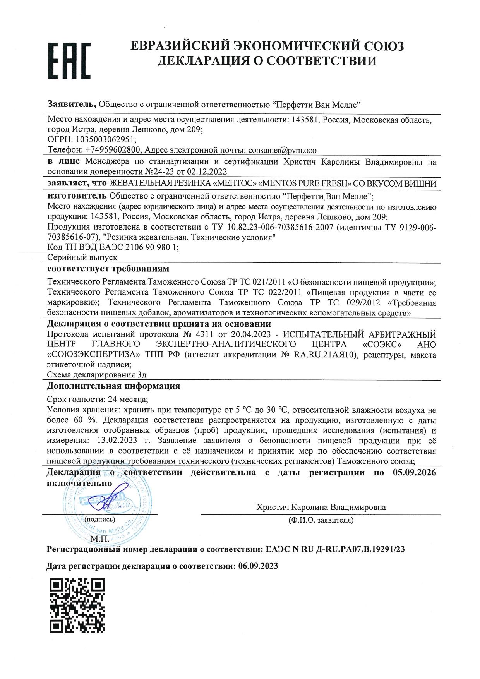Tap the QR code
click(x=77, y=606)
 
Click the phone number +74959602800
click(x=112, y=150)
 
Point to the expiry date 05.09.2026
click(x=414, y=472)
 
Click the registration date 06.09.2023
click(x=258, y=566)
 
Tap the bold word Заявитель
click(x=72, y=104)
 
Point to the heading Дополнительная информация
click(x=113, y=386)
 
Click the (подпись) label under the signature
click(x=99, y=520)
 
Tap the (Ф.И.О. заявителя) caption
click(x=321, y=520)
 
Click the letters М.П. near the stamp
click(x=100, y=538)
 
